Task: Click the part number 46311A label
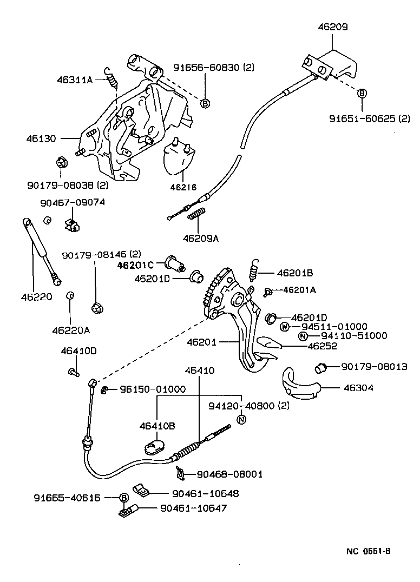pos(75,80)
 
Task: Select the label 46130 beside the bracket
pos(41,138)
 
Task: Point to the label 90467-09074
pos(73,202)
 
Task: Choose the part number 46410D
pos(78,351)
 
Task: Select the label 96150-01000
pos(152,389)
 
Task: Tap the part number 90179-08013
pos(374,366)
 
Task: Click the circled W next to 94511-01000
pos(285,327)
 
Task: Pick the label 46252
pos(322,346)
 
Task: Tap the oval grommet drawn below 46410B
pos(155,448)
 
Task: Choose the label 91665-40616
pos(74,498)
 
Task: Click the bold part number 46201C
pos(136,265)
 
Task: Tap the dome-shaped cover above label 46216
pos(180,156)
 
